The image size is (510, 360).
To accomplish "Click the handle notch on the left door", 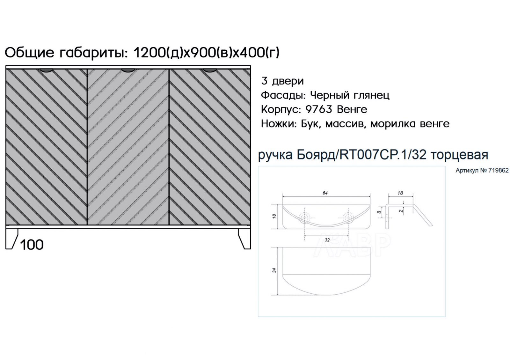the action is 47,71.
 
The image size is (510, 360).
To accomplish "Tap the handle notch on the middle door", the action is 128,71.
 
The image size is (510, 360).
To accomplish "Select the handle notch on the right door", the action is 210,71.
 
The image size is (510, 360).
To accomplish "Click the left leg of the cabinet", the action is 11,239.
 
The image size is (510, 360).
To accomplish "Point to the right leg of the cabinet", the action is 244,239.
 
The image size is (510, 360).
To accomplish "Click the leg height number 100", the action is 32,245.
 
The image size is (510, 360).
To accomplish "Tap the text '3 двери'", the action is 282,81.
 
